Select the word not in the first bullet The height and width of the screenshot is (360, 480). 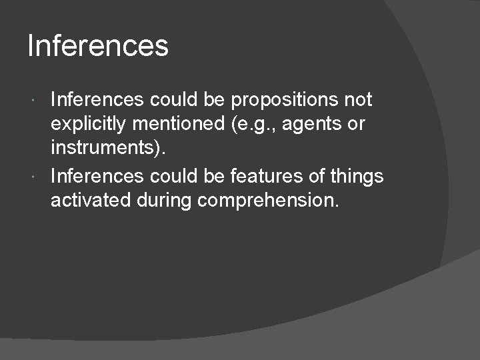coord(358,101)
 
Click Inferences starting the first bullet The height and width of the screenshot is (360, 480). coord(97,101)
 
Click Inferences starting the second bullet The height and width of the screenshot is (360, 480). coord(97,176)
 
